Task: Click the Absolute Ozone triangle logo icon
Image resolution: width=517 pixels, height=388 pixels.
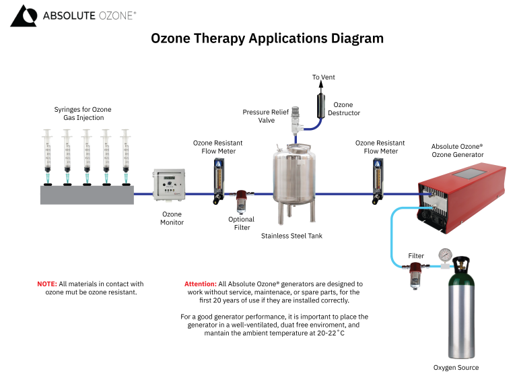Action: [24, 15]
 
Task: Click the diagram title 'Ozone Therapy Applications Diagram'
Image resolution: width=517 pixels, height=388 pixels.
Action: [267, 38]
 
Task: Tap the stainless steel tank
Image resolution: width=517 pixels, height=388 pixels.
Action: [294, 176]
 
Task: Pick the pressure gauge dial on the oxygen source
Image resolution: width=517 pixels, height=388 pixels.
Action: [444, 255]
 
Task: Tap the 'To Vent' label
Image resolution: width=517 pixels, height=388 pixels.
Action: [323, 77]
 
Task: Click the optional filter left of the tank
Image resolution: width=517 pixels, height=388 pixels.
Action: [240, 201]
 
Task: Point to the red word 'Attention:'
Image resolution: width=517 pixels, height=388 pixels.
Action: [200, 284]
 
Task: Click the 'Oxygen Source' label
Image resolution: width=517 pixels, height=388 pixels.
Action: [456, 368]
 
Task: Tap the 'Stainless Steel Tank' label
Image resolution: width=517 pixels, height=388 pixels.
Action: [291, 236]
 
